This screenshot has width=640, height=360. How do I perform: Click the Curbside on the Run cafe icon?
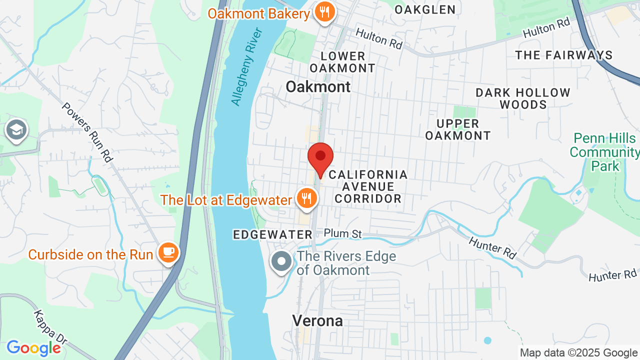coord(168,252)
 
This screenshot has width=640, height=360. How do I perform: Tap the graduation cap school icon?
coord(16,130)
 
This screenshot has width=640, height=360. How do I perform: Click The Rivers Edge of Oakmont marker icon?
coord(281,261)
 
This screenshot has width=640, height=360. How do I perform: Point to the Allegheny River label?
coord(247,67)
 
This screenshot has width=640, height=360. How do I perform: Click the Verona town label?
coord(317,320)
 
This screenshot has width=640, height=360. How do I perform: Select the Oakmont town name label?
coord(318,86)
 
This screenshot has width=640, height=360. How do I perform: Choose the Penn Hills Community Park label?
coord(605,152)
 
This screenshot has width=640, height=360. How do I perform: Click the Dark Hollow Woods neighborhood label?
coord(523,98)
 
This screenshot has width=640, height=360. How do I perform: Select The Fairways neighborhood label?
coord(564,55)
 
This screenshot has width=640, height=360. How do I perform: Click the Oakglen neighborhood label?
coord(425,9)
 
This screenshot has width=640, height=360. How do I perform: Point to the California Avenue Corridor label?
coord(368,186)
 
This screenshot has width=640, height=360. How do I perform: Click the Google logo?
coord(33,348)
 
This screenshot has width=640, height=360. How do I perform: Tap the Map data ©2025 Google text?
coord(578,353)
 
